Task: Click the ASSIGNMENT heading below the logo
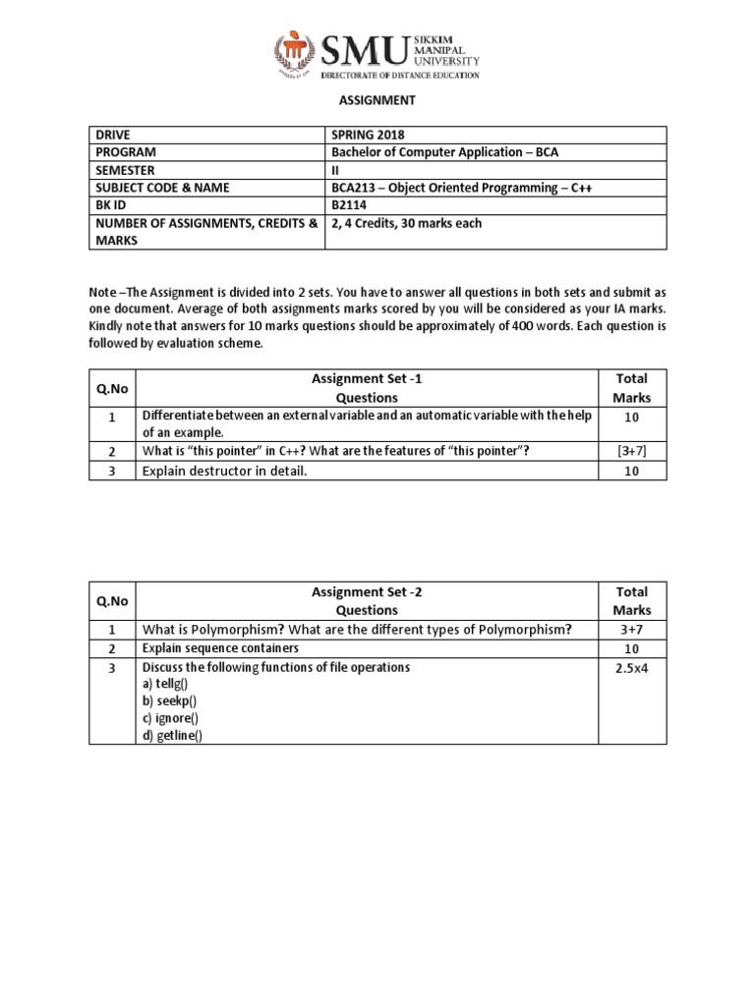point(377,100)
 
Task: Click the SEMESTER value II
point(336,170)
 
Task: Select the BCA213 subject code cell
point(463,188)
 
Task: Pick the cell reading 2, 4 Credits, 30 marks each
point(407,223)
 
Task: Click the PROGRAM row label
point(126,152)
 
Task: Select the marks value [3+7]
point(631,450)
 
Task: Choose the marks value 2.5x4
point(631,668)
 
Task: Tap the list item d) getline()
point(172,737)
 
